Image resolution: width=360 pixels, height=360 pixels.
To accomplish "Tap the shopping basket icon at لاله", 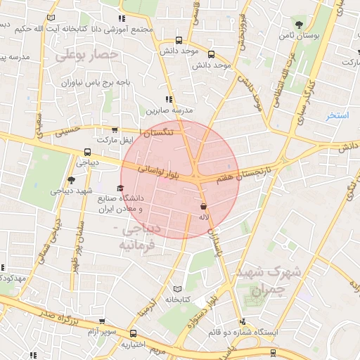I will point(204,207).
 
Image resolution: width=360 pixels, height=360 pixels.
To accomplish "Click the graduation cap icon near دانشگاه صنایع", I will point(120,188).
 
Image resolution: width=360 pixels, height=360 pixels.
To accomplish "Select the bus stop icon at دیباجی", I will point(87,151).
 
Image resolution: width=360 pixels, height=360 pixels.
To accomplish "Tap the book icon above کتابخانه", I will point(177,289).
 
